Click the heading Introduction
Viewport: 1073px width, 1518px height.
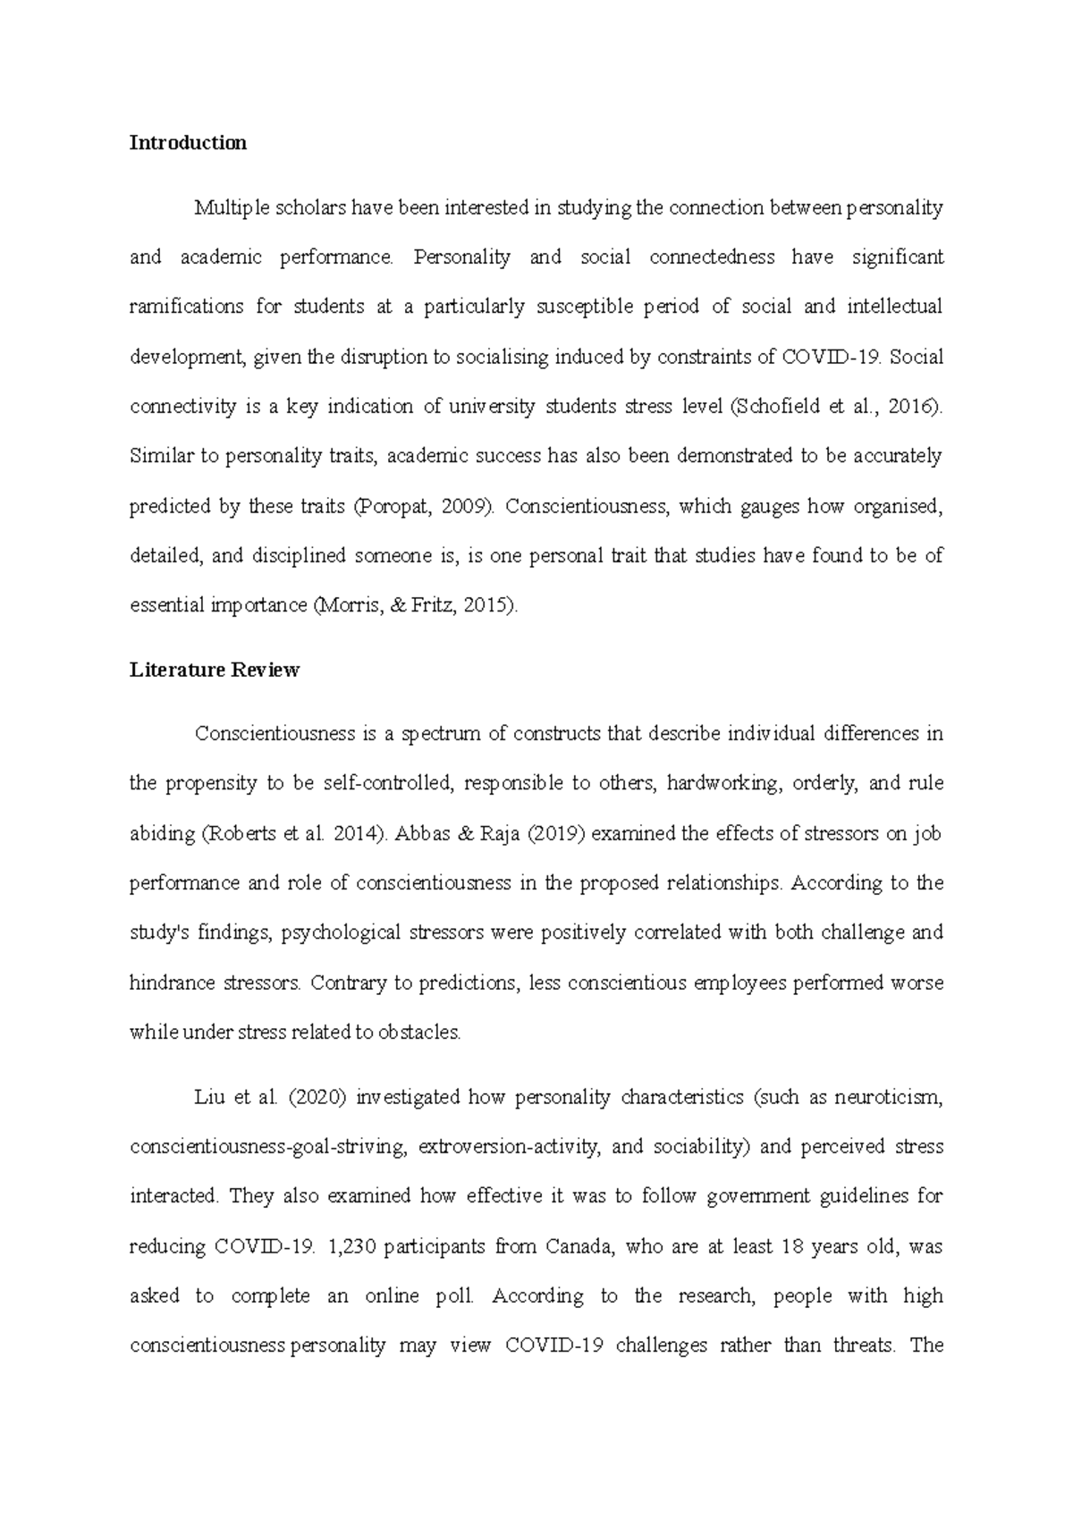tap(188, 143)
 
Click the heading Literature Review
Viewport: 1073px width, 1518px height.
tap(215, 670)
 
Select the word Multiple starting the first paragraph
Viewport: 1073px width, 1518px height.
tap(230, 208)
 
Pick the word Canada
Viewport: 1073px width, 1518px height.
tap(580, 1246)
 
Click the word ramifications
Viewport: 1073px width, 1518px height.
tap(184, 308)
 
